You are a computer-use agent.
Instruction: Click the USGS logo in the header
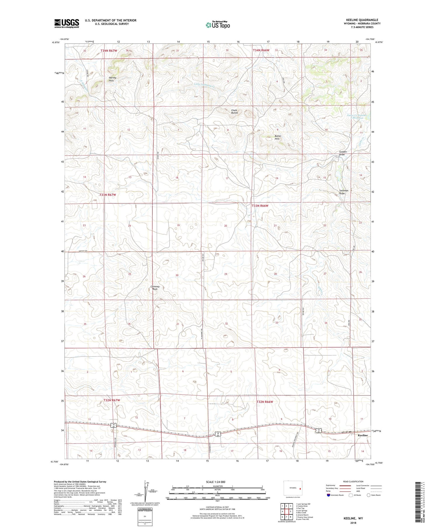click(x=67, y=23)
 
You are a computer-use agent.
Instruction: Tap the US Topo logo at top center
click(x=218, y=25)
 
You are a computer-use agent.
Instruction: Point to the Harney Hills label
click(x=113, y=79)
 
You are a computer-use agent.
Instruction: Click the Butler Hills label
click(x=277, y=137)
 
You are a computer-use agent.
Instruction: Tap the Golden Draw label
click(x=343, y=153)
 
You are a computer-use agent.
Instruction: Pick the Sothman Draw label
click(x=343, y=192)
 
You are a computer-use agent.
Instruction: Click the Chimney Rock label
click(x=155, y=288)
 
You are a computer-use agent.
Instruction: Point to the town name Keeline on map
click(x=363, y=435)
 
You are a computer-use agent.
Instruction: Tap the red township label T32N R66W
click(x=265, y=402)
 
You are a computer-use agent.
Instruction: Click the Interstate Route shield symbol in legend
click(x=328, y=495)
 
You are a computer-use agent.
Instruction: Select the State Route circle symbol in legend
click(x=369, y=495)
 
